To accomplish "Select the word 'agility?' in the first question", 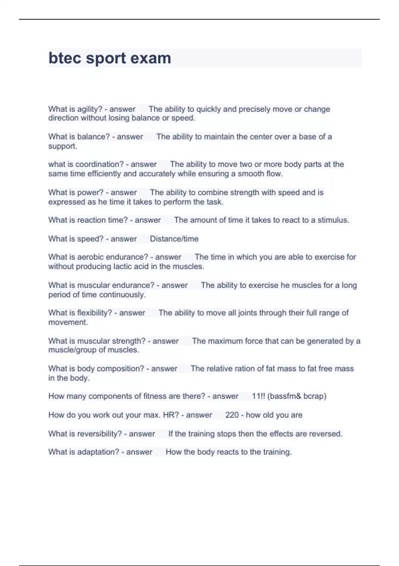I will coord(89,109).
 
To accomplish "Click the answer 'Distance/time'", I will coord(174,239).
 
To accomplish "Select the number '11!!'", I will coord(258,396).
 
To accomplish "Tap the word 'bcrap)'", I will coord(315,396).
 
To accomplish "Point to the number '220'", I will coord(232,415).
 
